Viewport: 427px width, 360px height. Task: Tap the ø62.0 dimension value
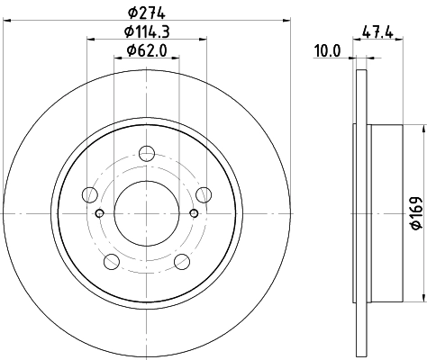coord(147,50)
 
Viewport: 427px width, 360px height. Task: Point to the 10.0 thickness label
coord(326,50)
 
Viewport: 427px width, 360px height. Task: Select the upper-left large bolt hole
coord(89,193)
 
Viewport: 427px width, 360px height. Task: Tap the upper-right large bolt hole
coord(204,193)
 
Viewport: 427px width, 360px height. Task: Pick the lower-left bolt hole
coord(112,261)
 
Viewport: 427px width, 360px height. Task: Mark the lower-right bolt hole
coord(182,261)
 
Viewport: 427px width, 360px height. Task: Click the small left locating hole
coord(100,212)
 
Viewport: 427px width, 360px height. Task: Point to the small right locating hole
coord(195,212)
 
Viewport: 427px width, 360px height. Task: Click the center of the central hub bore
coord(147,212)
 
